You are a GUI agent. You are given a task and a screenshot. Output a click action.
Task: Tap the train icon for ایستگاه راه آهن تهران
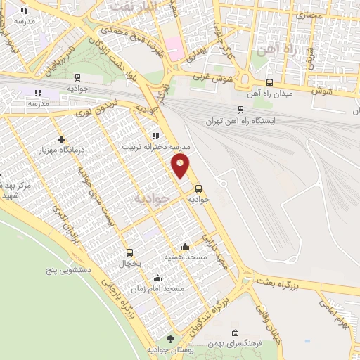coord(241,110)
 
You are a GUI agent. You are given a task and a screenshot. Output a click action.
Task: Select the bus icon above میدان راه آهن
coord(269,82)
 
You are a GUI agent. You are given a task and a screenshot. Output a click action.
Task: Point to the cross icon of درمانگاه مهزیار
coord(62,140)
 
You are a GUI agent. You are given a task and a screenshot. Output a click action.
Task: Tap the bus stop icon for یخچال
coord(129,252)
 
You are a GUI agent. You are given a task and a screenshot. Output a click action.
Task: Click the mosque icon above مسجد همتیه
coord(185,246)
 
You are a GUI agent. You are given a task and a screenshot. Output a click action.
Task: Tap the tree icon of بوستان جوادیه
coord(169,339)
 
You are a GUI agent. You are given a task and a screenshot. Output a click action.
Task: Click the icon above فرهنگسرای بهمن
coord(235,333)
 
